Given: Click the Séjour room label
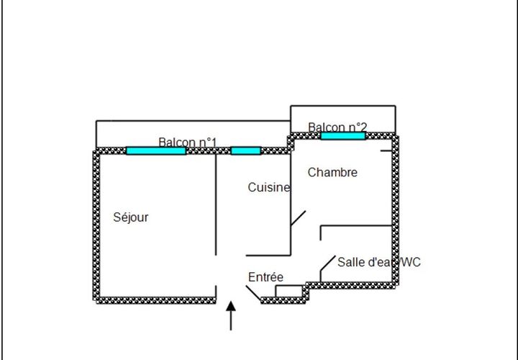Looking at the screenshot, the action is [x=130, y=217].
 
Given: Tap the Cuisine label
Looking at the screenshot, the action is [x=269, y=187].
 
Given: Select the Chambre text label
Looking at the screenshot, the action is [x=332, y=172].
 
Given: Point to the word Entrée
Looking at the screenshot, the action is [x=265, y=277].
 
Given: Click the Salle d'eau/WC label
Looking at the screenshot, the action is [x=379, y=262].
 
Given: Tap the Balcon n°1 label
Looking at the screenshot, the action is [x=187, y=142].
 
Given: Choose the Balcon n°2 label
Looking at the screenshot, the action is [x=337, y=127].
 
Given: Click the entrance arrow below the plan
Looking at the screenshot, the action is [x=231, y=315].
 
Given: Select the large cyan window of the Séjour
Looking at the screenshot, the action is [x=156, y=151].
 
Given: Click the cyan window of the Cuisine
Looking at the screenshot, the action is [x=246, y=151].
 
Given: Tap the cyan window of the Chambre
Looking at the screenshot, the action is [x=343, y=136].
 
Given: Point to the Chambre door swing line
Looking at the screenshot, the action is [x=298, y=218].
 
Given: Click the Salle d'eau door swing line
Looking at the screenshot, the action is [x=328, y=264].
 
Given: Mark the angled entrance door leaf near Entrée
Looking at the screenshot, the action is [x=253, y=294].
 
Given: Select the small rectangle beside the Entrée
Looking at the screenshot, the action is [x=289, y=291].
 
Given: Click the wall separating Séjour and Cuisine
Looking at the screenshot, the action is [x=216, y=204].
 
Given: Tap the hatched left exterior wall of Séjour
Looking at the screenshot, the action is [x=96, y=225].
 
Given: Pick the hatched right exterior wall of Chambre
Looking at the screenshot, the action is [x=395, y=210].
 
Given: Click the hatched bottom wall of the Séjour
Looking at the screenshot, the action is [x=156, y=300].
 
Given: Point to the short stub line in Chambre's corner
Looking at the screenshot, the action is [x=386, y=151].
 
